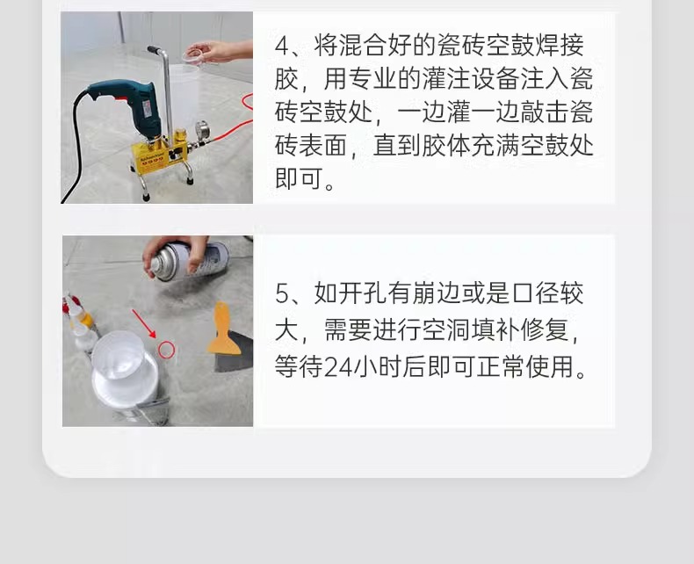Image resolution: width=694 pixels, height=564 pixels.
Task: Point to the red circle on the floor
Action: point(167,350)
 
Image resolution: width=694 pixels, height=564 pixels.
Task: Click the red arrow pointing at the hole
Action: point(143,322)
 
